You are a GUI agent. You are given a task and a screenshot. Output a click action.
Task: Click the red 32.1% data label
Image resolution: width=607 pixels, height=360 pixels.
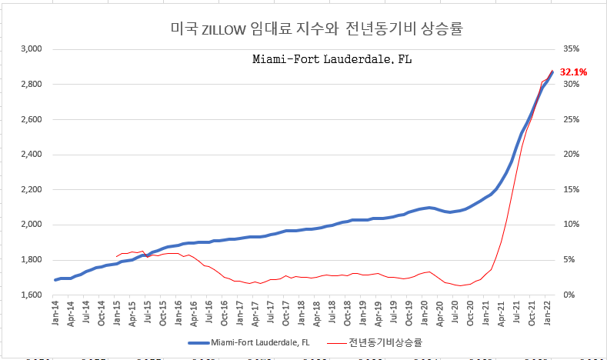(x=574, y=72)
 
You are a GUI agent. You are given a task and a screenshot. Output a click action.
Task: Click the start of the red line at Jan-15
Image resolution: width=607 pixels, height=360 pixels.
(x=116, y=257)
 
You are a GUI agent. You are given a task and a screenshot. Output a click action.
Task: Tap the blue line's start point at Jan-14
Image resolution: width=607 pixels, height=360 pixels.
(x=55, y=280)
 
